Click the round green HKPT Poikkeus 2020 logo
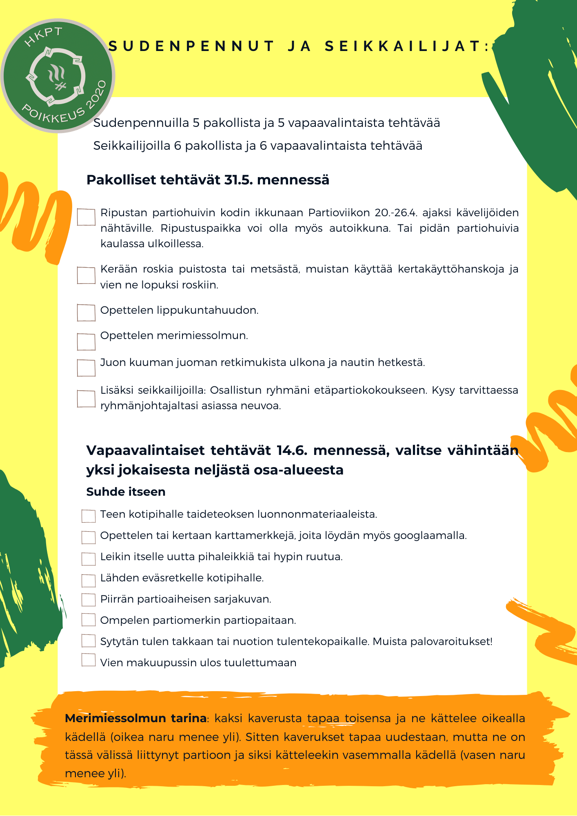58,76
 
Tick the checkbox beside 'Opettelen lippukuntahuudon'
86,313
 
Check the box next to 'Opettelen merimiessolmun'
86,341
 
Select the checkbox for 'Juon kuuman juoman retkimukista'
86,368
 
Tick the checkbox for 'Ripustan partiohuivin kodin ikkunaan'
86,217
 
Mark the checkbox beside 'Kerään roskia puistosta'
86,275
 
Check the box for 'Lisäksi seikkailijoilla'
86,399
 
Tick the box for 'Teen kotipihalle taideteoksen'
89,516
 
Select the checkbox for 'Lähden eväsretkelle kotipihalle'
89,580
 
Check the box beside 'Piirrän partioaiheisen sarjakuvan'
89,600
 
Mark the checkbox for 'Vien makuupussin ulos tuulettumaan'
89,660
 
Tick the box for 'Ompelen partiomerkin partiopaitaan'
89,620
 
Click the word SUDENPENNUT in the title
191,47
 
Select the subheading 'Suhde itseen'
126,492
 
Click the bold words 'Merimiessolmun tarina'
135,718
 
